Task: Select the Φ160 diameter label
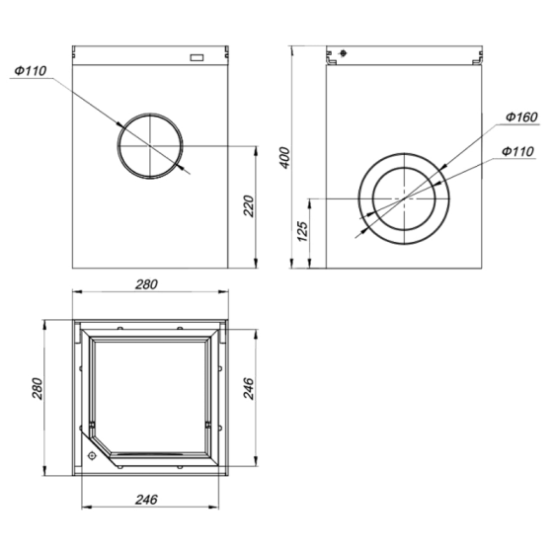pyautogui.click(x=519, y=118)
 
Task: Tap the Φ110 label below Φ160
pyautogui.click(x=516, y=151)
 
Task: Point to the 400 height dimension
pyautogui.click(x=284, y=158)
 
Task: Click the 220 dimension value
pyautogui.click(x=250, y=205)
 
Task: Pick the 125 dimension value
pyautogui.click(x=303, y=231)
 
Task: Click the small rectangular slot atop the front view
pyautogui.click(x=197, y=56)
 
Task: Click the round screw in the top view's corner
pyautogui.click(x=92, y=456)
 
